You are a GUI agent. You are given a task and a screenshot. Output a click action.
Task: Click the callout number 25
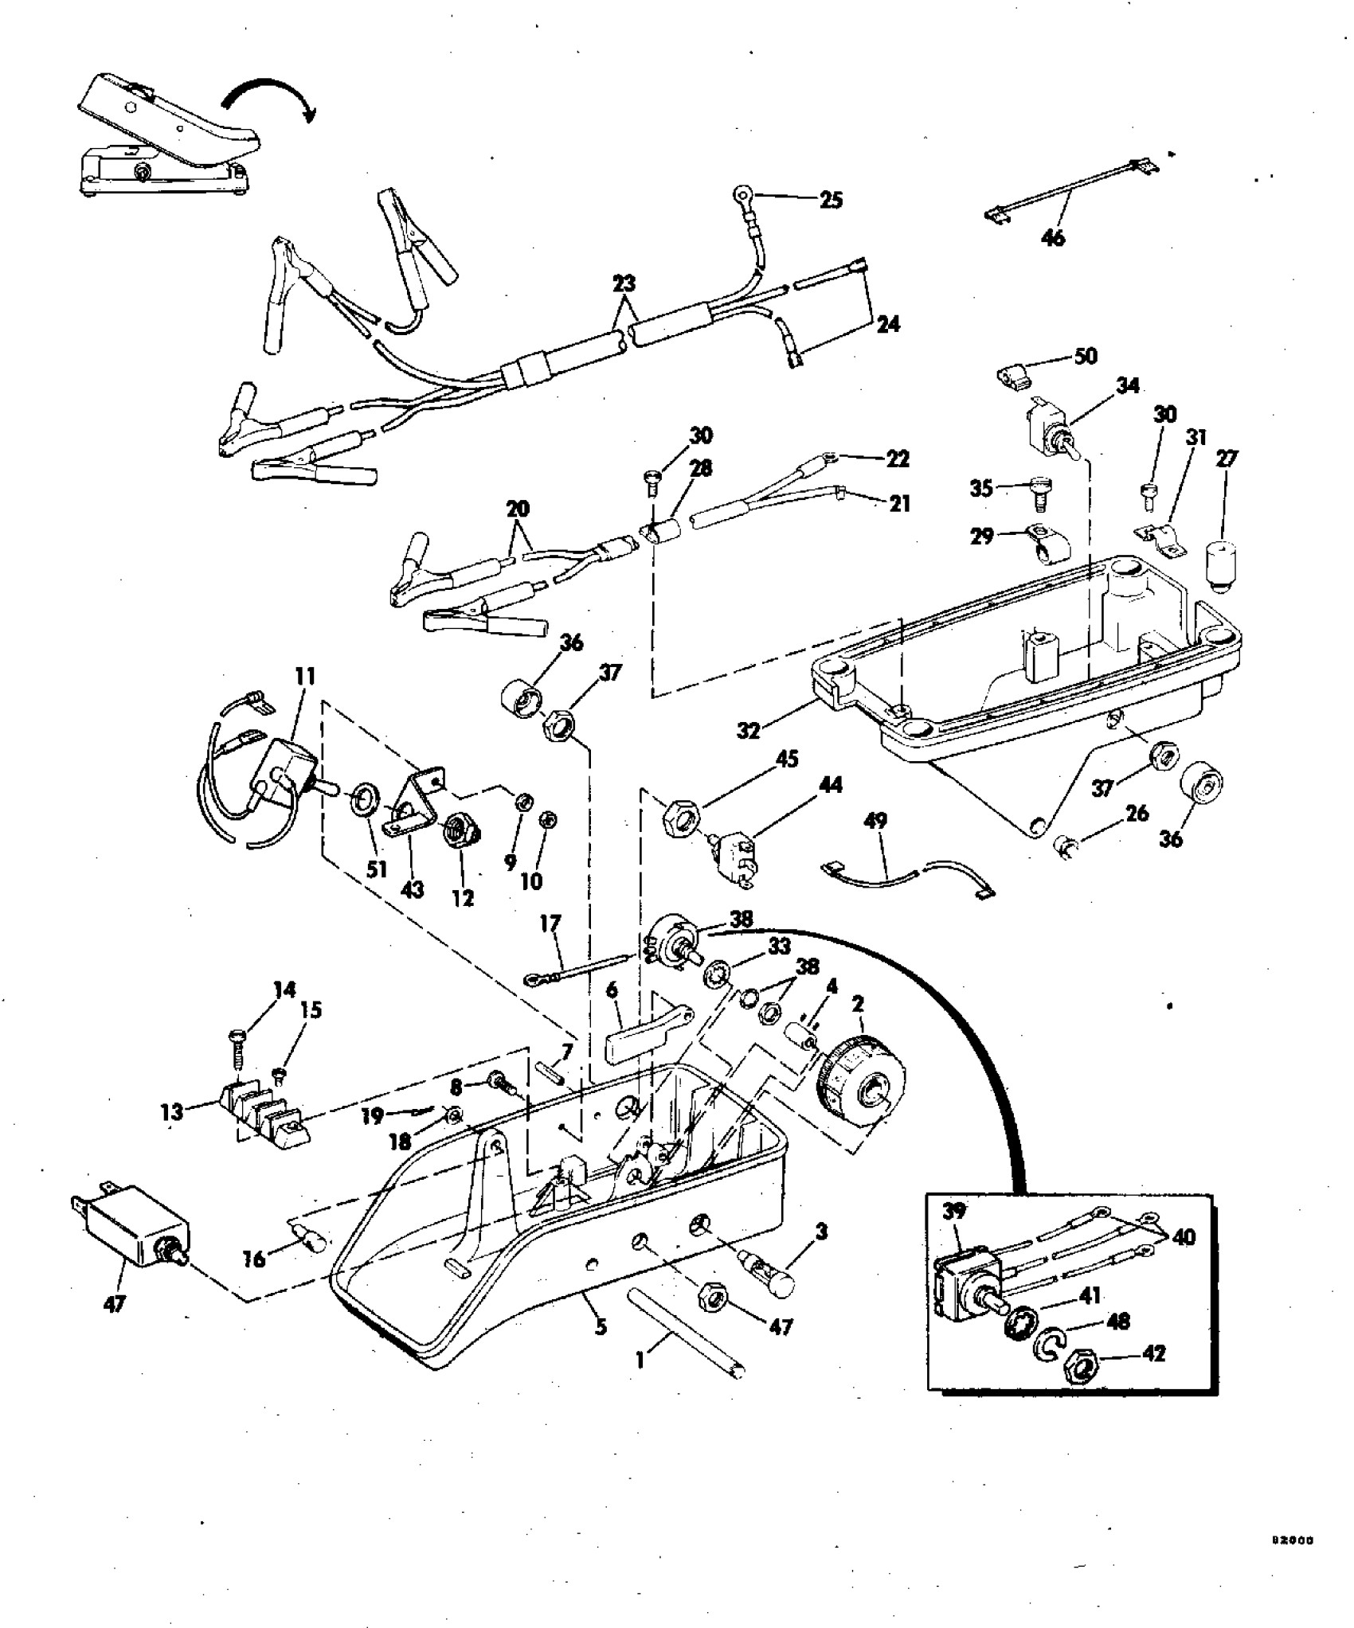tap(831, 199)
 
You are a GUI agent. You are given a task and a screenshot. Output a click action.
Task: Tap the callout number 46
tap(1053, 237)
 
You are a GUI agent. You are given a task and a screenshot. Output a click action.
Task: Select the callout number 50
tap(1086, 356)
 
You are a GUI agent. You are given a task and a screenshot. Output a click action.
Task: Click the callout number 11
tap(305, 677)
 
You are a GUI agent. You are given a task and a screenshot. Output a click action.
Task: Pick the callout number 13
tap(172, 1111)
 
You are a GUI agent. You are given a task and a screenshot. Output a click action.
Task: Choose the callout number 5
tap(601, 1326)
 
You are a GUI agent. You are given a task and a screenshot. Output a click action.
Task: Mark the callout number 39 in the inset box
tap(954, 1212)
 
